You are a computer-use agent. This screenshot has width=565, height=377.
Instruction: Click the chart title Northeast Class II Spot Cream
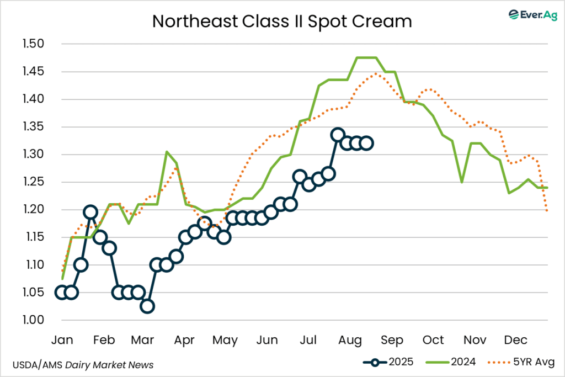point(282,22)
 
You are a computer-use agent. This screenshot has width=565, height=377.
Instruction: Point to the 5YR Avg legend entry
point(521,362)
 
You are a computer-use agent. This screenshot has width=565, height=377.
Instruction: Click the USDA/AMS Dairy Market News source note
point(83,365)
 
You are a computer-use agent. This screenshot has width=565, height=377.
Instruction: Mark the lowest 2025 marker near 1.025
point(147,306)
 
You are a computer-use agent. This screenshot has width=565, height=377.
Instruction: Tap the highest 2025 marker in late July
point(338,135)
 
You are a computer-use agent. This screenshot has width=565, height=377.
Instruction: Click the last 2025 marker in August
point(366,144)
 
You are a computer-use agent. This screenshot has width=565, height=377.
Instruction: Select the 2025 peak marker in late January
point(90,213)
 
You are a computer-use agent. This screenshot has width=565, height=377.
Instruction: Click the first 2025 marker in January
point(62,293)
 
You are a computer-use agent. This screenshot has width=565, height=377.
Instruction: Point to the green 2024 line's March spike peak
point(167,152)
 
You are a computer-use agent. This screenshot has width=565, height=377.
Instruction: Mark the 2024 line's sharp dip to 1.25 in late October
point(461,182)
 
